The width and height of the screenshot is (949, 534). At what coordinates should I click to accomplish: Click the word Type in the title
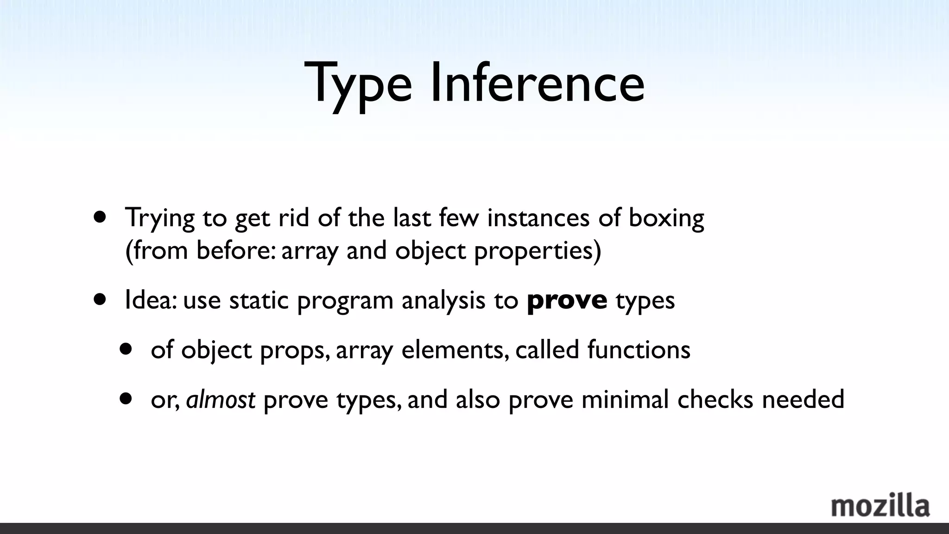358,83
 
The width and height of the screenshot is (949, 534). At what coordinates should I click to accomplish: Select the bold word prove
567,300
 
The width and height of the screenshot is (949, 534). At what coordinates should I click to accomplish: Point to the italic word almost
221,399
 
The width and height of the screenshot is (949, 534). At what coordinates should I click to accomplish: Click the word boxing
666,218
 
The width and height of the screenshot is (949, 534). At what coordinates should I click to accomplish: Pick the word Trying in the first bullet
160,218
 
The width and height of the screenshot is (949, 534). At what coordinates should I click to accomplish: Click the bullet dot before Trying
99,217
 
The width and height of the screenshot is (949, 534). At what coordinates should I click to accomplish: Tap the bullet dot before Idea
99,299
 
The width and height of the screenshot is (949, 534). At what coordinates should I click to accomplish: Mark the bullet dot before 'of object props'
125,349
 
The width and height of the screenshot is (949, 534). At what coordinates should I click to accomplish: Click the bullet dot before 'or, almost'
125,399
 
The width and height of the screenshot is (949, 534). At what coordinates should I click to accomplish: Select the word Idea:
150,300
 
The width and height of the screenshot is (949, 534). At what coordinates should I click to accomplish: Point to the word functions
639,350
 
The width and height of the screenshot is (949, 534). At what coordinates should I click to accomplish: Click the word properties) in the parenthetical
538,251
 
